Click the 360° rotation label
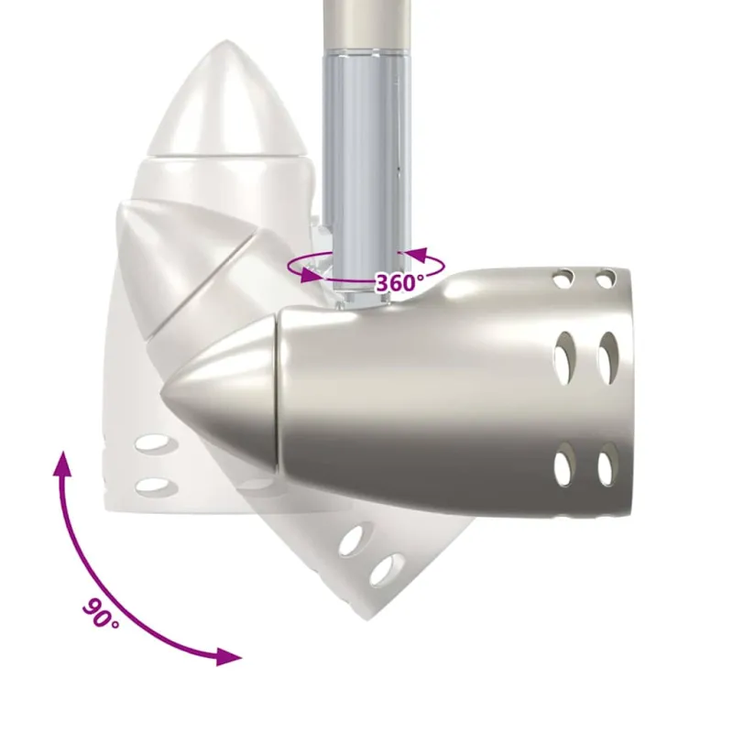[399, 282]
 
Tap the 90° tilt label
[101, 613]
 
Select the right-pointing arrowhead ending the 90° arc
[229, 657]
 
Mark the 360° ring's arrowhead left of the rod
[310, 274]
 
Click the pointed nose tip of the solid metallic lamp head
[161, 394]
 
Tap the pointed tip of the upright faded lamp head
[226, 41]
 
